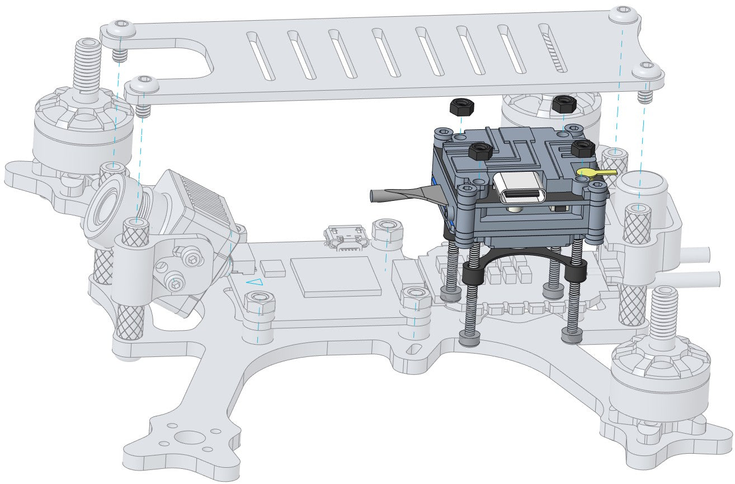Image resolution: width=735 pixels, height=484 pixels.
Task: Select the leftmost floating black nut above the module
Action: (x=461, y=106)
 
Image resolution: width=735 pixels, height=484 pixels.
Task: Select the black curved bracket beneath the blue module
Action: (x=523, y=259)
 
